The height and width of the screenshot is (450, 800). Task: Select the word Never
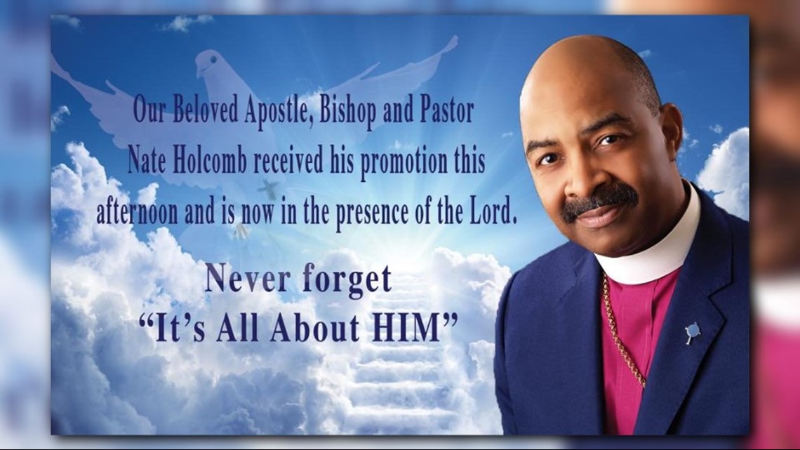[x=243, y=280]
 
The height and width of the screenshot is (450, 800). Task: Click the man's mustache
[x=598, y=199]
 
